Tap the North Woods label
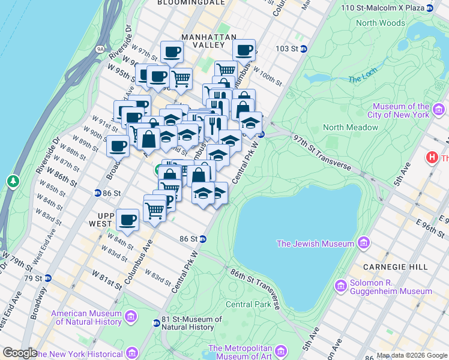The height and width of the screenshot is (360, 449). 380,23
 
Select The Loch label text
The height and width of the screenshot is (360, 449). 363,79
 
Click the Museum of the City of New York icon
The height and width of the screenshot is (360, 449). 439,110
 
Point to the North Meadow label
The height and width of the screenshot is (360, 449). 351,127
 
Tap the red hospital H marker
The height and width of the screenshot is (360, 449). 431,158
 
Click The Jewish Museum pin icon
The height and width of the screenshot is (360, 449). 363,243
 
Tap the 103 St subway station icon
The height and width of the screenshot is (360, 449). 304,49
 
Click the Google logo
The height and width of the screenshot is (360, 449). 20,353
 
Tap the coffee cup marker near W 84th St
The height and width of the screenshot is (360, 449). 127,220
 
